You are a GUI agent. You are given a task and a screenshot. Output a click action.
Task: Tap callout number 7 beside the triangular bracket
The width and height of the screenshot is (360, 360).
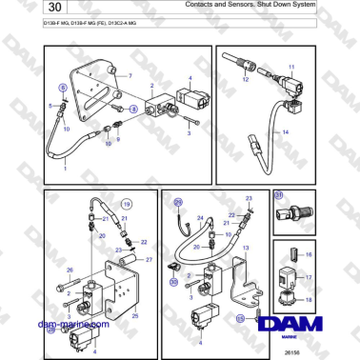(130, 73)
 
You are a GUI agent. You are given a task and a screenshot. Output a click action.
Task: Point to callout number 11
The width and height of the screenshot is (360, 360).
(292, 66)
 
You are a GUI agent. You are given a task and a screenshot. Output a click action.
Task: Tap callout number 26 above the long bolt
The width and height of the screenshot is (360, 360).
(70, 270)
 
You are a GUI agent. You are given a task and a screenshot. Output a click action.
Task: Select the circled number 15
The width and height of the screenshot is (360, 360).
(241, 318)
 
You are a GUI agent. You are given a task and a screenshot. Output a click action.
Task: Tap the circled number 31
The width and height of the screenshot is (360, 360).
(279, 195)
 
